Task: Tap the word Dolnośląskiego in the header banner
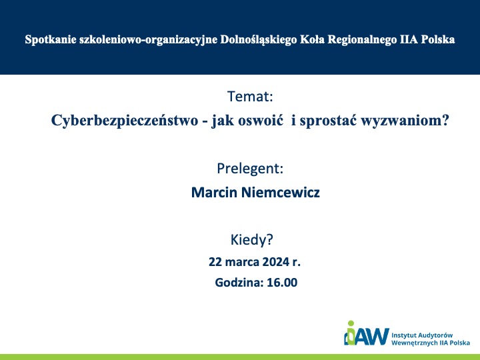[x=259, y=40]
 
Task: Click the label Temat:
[x=250, y=97]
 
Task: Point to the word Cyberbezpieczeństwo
[x=125, y=120]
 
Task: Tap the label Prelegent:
[x=250, y=169]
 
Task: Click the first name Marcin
[x=214, y=192]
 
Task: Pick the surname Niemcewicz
[x=281, y=192]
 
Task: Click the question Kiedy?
[x=251, y=240]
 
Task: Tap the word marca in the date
[x=242, y=262]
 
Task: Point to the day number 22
[x=215, y=262]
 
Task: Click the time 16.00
[x=282, y=282]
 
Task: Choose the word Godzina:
[x=239, y=282]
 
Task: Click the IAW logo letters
[x=367, y=336]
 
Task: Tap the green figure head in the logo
[x=351, y=323]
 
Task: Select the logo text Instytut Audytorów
[x=422, y=335]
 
